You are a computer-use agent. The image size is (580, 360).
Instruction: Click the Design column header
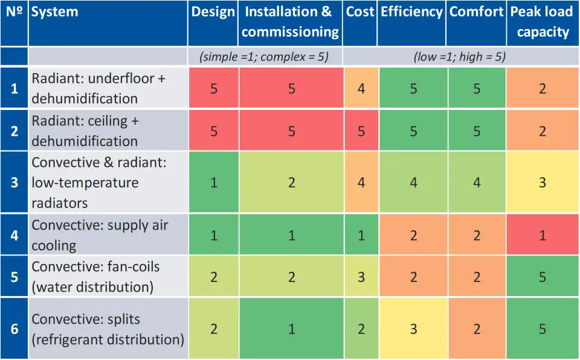(x=213, y=13)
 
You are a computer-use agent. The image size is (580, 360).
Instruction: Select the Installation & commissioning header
(x=290, y=22)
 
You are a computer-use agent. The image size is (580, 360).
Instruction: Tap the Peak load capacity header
(x=543, y=22)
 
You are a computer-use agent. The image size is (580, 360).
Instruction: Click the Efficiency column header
(x=411, y=13)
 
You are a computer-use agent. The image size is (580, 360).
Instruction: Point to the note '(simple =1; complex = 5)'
(x=264, y=57)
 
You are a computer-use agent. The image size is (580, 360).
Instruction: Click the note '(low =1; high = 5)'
(x=460, y=57)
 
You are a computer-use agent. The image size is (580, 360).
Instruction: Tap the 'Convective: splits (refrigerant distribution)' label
(x=108, y=329)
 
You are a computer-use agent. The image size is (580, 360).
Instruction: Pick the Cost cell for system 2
(x=361, y=131)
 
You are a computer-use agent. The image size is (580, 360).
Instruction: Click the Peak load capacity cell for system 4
(x=543, y=235)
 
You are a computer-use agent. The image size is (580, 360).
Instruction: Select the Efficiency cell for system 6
(x=413, y=329)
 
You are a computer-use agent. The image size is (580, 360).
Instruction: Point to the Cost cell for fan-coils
(x=361, y=277)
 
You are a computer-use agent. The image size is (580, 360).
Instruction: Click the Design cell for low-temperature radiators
(x=214, y=182)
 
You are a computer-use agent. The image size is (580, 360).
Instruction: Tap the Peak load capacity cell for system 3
(x=543, y=182)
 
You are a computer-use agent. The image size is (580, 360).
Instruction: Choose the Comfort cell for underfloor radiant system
(x=477, y=88)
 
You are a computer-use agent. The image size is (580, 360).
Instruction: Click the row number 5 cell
(x=14, y=277)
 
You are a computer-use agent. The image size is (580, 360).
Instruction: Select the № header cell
(x=14, y=13)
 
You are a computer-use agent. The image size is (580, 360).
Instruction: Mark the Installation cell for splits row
(x=291, y=329)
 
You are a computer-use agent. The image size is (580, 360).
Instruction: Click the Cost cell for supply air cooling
(x=361, y=235)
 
